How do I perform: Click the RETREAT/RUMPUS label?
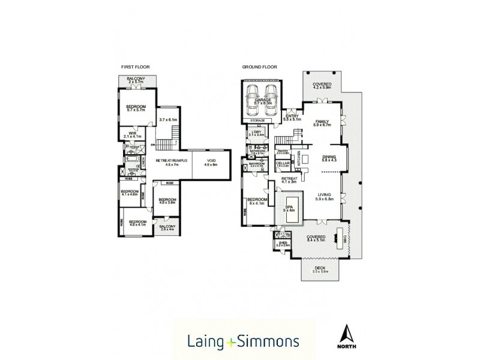(x=172, y=160)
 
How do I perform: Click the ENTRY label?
(x=292, y=116)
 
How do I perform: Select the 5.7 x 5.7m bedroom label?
(x=136, y=107)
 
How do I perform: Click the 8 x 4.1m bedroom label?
(x=257, y=200)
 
